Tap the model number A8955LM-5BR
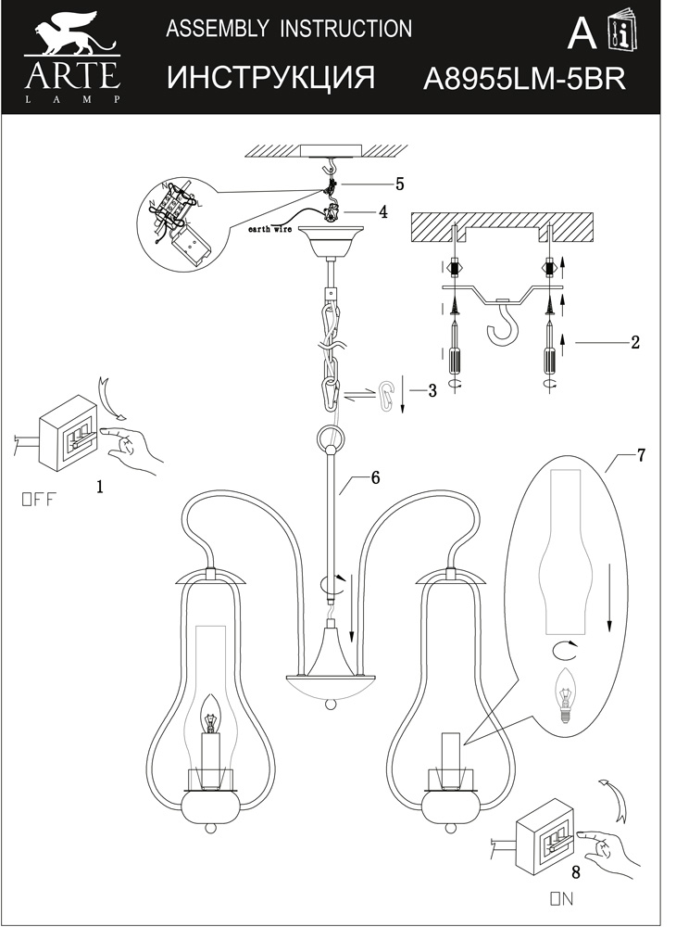(x=524, y=79)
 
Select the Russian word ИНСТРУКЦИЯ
(x=270, y=78)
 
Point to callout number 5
(x=399, y=184)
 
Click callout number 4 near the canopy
(x=382, y=211)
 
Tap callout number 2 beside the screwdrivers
(x=634, y=342)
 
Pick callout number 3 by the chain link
(x=432, y=390)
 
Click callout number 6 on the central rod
(x=375, y=477)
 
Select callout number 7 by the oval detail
(x=641, y=455)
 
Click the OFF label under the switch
(x=38, y=500)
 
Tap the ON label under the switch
(x=561, y=897)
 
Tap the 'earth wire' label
(x=270, y=227)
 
